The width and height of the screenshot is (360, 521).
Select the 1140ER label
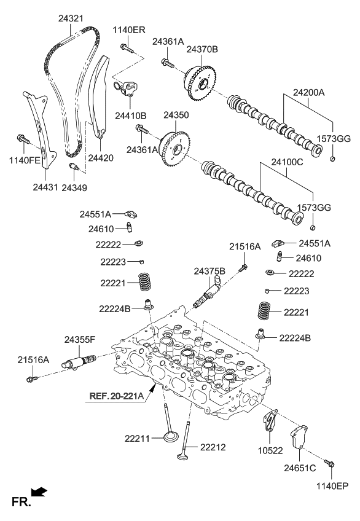pos(128,29)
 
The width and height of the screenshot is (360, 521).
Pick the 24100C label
pos(287,164)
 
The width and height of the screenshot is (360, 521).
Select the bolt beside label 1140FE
pos(24,140)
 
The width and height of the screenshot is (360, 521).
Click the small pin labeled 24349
pos(73,167)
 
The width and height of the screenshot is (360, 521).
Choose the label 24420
pos(100,158)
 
